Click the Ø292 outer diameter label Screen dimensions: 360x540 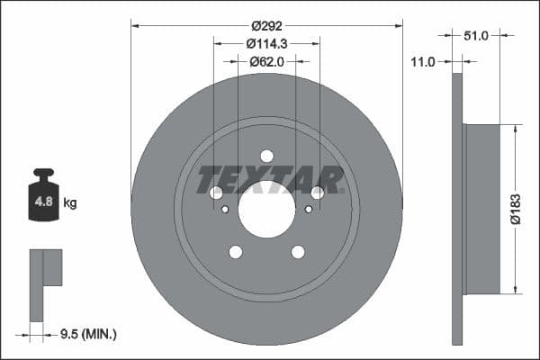point(266,26)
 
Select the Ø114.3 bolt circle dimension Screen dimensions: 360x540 point(266,43)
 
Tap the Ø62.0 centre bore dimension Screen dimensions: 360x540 point(266,61)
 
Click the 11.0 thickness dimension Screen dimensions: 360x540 point(422,61)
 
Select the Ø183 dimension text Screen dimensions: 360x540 point(515,208)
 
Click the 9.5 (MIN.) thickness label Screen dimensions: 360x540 point(86,335)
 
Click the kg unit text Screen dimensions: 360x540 point(70,203)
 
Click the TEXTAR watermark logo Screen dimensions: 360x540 point(270,179)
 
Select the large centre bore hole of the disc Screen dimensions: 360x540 point(266,209)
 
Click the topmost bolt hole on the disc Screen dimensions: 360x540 point(266,156)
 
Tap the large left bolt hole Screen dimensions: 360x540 point(216,193)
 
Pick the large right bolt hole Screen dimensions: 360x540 point(317,193)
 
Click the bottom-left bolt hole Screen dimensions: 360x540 point(235,252)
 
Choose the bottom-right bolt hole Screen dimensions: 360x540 point(298,252)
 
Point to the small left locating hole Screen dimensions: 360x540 point(225,210)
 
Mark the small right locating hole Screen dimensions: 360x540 point(308,210)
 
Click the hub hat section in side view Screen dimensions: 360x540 point(481,209)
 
